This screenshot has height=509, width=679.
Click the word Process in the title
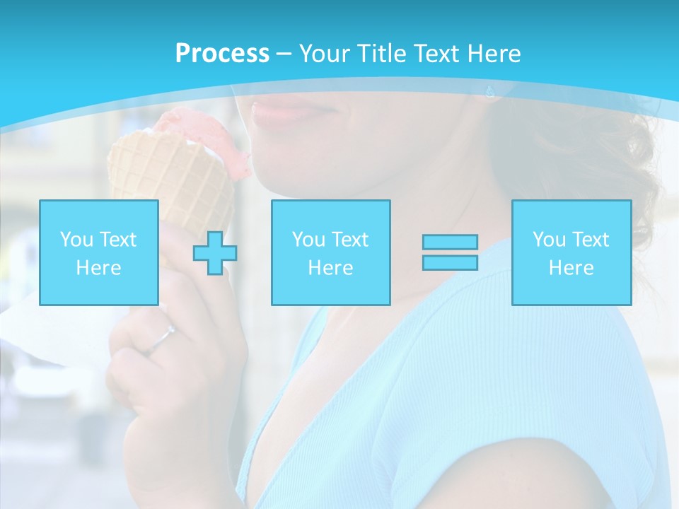[x=222, y=54]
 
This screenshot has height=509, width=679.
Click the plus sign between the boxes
[x=215, y=253]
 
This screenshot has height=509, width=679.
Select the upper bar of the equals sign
[x=450, y=242]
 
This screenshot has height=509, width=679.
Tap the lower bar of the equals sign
[x=450, y=262]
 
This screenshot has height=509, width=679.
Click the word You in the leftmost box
[x=76, y=240]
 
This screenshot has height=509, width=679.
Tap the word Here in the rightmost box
[x=571, y=268]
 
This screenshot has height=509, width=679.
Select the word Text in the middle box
[x=349, y=240]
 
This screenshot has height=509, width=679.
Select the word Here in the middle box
[x=330, y=268]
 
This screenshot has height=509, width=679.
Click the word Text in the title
[x=434, y=54]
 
